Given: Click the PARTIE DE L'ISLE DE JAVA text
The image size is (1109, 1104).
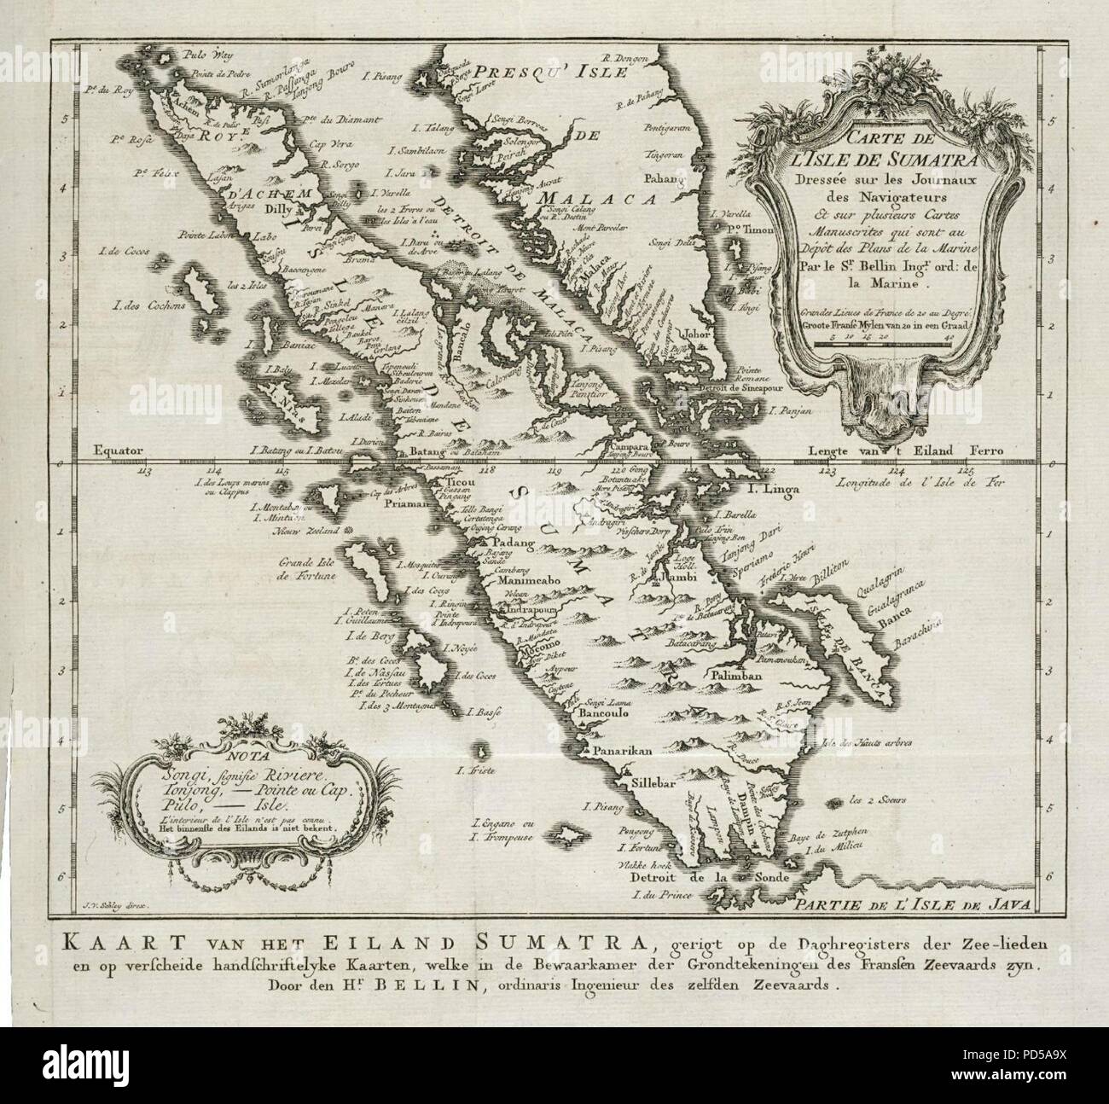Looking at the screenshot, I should point(913,905).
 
